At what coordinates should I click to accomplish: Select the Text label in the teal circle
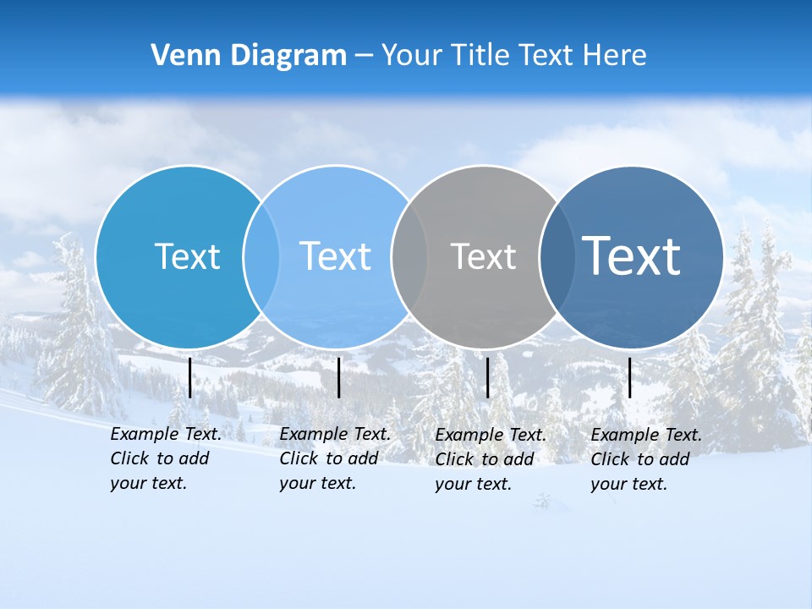click(187, 256)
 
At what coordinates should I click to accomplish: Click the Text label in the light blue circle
click(335, 256)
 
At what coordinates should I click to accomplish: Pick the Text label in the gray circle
click(483, 256)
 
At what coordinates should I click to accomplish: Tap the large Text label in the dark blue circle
click(631, 255)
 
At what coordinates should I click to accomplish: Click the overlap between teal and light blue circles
click(261, 256)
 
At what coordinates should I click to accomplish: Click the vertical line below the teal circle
click(189, 377)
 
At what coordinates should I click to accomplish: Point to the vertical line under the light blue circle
click(338, 377)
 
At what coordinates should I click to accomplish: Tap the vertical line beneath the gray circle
click(487, 377)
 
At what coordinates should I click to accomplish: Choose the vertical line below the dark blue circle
click(629, 377)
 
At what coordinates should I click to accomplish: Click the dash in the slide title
click(364, 57)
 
